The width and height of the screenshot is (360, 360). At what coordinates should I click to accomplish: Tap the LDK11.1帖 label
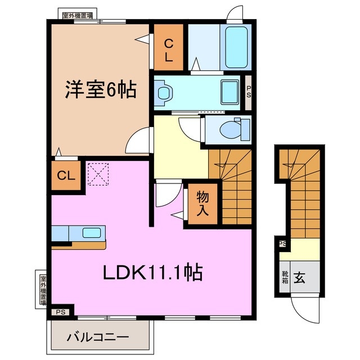click(x=152, y=273)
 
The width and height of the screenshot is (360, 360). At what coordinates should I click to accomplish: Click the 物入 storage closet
click(x=202, y=204)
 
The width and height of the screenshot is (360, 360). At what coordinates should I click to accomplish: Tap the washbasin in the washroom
click(x=164, y=92)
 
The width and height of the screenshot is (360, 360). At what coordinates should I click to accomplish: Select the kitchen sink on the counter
click(x=91, y=232)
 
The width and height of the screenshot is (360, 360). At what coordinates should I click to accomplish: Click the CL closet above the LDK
click(x=65, y=175)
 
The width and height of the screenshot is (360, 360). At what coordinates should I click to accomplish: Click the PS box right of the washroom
click(x=249, y=92)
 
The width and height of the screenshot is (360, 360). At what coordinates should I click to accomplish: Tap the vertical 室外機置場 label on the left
click(x=43, y=289)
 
